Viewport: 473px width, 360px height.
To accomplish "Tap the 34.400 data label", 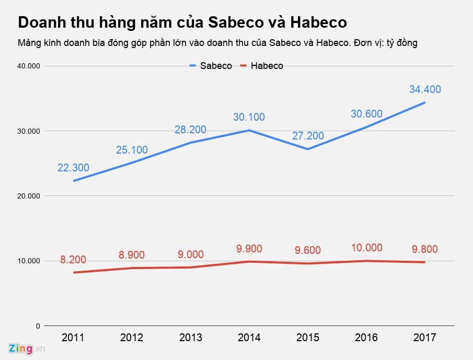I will coord(425,89).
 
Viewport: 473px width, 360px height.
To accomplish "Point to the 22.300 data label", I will coord(73,168).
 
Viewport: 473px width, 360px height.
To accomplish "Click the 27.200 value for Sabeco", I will coord(308,136).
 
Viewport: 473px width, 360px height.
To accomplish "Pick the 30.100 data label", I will coord(249,117).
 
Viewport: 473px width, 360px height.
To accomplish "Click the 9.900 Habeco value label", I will coord(249,249).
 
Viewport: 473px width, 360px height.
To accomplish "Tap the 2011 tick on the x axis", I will coord(73,337).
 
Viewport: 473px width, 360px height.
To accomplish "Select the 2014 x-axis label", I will coord(249,337).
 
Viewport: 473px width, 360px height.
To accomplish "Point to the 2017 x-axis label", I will coord(425,337).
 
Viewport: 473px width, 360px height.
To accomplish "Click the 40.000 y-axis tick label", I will coord(29,66).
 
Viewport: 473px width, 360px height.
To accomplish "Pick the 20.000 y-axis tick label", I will coord(29,196).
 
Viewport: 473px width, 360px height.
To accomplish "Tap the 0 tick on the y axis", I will coord(38,326).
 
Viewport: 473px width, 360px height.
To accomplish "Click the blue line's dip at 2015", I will coord(308,149).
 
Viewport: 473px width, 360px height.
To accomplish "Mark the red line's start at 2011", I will coord(74,272).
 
